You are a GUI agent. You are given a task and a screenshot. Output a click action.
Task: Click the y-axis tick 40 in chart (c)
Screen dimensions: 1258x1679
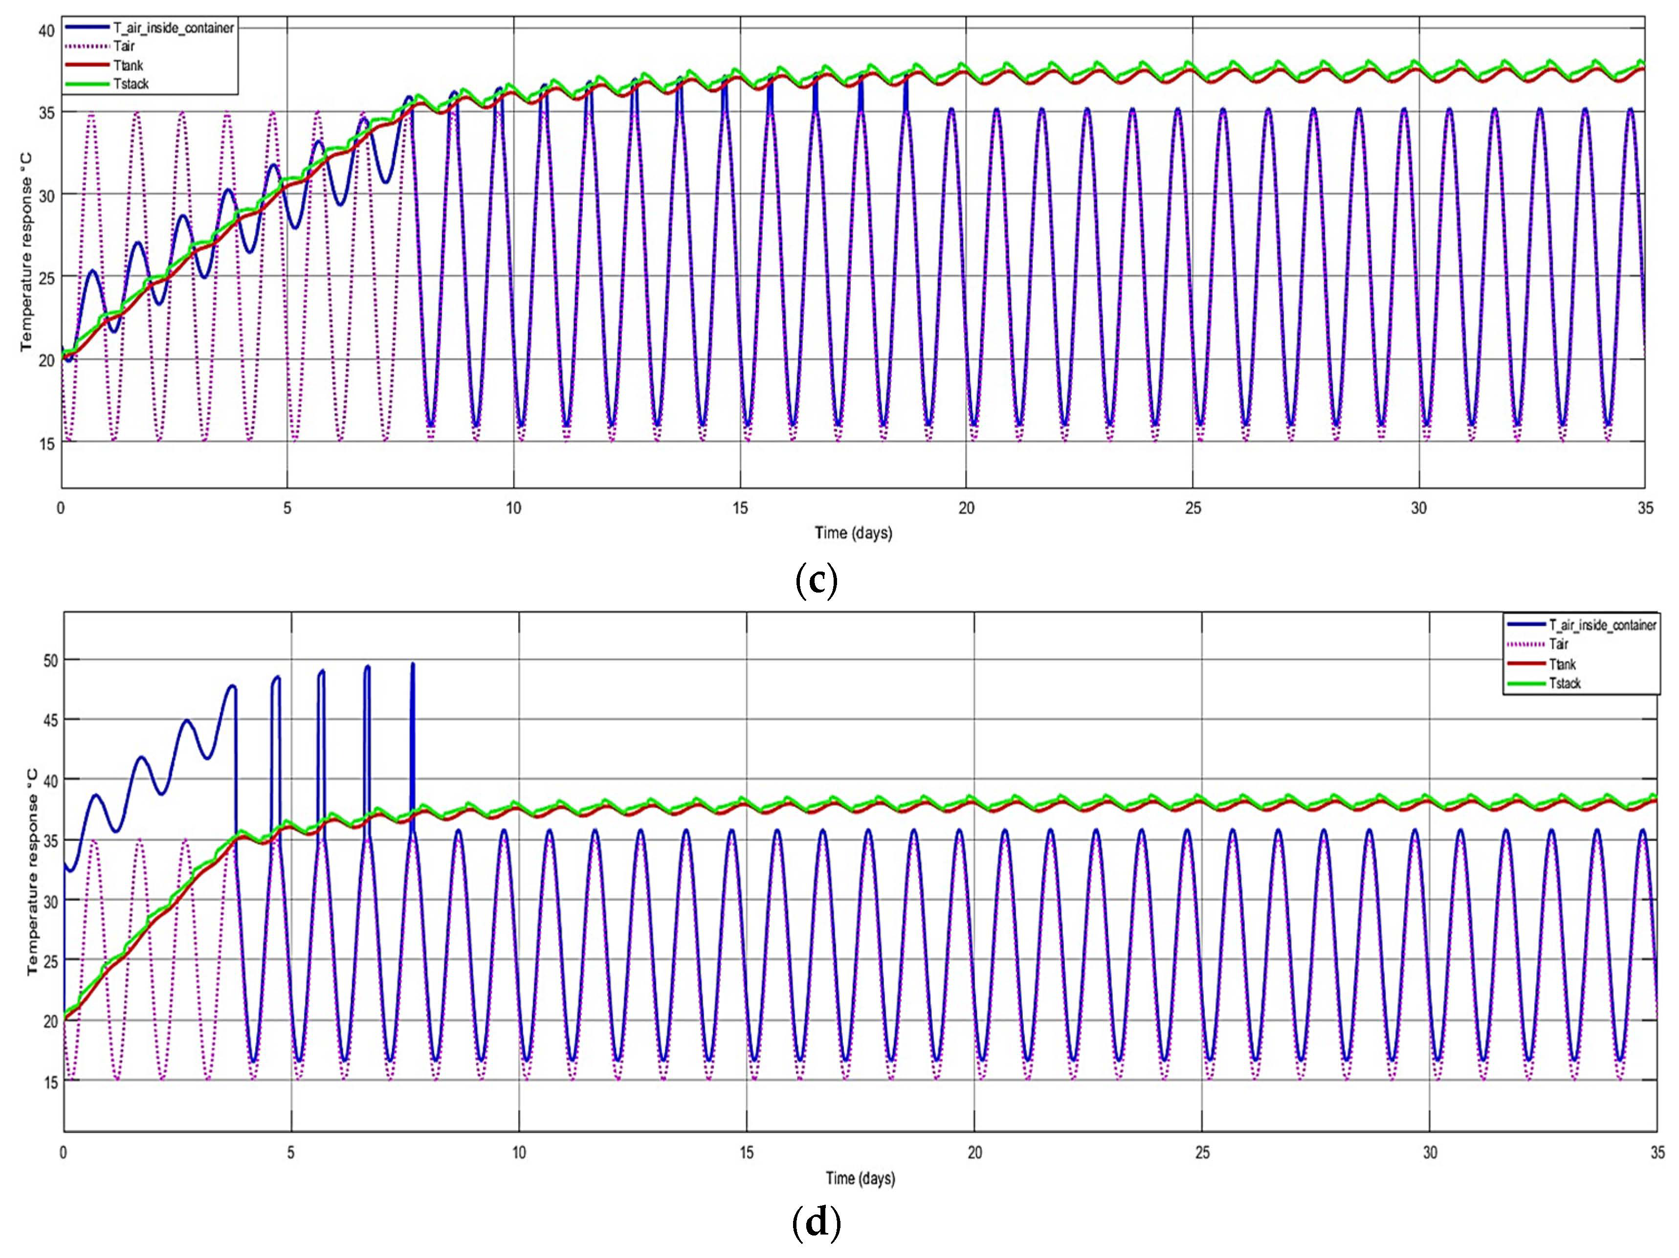tap(46, 30)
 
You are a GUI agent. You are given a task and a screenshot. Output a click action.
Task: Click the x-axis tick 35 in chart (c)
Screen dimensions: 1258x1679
tap(1645, 508)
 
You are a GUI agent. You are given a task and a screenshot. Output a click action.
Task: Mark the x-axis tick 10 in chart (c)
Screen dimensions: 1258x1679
tap(514, 508)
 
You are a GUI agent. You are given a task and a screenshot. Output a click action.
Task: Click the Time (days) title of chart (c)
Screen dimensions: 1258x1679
tap(853, 533)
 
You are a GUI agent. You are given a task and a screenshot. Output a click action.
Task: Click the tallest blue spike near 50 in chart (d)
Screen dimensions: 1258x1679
tap(413, 665)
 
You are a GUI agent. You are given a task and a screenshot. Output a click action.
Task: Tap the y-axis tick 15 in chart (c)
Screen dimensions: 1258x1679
tap(46, 443)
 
